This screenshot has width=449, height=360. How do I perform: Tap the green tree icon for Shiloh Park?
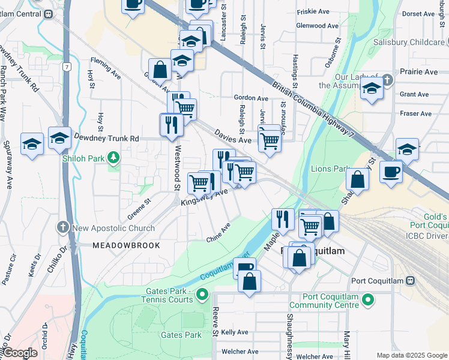tap(113, 158)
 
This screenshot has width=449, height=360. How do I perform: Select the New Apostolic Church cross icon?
tap(64, 228)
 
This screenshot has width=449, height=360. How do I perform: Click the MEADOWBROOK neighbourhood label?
tap(126, 245)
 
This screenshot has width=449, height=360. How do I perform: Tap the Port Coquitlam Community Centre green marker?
tap(369, 299)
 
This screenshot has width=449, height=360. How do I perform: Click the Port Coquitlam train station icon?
tap(411, 280)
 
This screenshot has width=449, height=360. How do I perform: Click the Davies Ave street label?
tap(232, 140)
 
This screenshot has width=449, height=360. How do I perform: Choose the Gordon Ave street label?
tap(251, 98)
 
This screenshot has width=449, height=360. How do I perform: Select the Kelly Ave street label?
tap(234, 332)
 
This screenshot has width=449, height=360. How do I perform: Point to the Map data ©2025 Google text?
tap(412, 355)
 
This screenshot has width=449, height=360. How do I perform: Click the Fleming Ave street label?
tap(106, 61)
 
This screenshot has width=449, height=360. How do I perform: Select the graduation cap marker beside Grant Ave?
tap(372, 89)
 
